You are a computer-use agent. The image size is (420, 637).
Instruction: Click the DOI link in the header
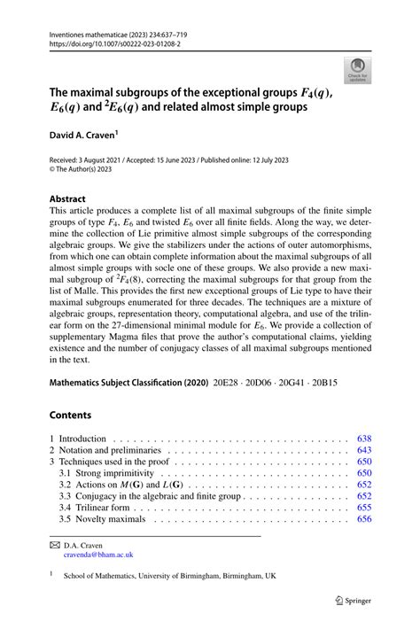pos(114,41)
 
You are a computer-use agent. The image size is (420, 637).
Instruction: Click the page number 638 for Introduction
pos(363,439)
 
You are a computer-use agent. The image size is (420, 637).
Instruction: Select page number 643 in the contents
pos(363,450)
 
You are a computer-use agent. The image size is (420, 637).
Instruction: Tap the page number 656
pos(363,519)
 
